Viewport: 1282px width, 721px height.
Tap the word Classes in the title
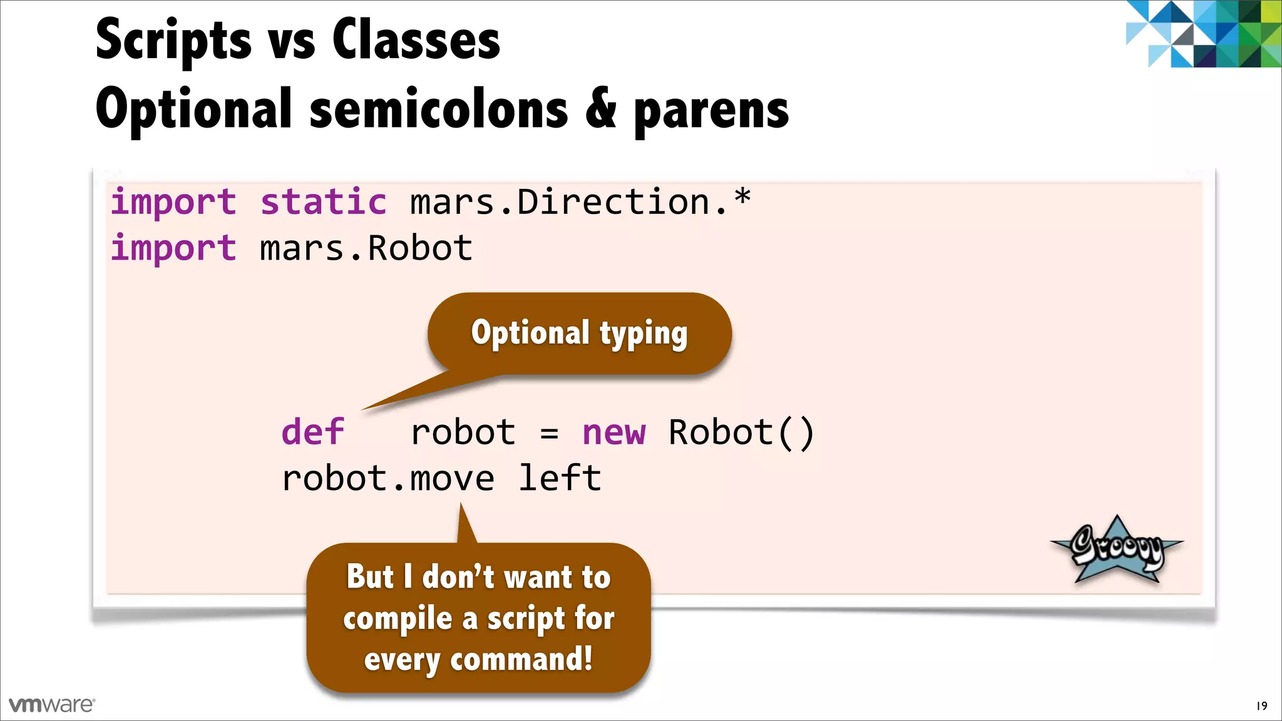[416, 40]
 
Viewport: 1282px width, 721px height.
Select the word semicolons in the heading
[439, 110]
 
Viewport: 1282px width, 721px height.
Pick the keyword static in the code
[323, 202]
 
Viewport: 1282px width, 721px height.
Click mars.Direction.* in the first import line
[580, 202]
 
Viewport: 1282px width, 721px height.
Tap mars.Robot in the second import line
[366, 248]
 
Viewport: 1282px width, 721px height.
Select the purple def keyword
[312, 432]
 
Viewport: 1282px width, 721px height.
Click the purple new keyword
[613, 432]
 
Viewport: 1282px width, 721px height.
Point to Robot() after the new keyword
[741, 432]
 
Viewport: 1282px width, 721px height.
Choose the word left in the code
[560, 479]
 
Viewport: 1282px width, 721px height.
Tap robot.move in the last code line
[388, 479]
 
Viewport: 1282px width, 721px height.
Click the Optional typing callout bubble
[580, 333]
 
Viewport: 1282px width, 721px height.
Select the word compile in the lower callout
[397, 619]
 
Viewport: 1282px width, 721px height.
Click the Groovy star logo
[1117, 550]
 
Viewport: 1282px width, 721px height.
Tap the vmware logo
[52, 705]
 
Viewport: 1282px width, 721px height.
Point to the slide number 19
[1261, 706]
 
